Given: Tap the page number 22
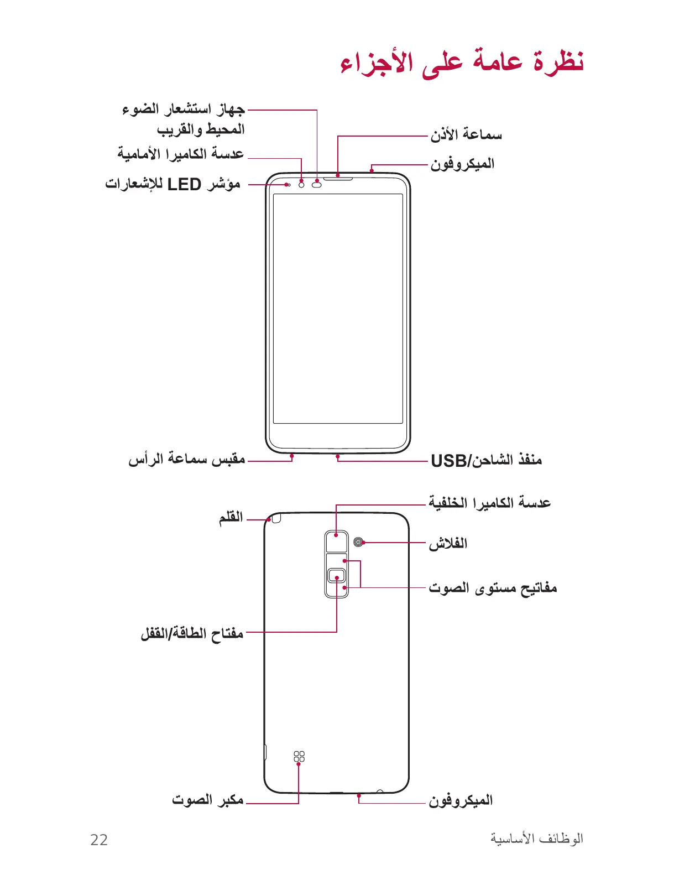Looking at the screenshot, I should (99, 840).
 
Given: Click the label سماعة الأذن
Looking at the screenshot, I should (466, 134).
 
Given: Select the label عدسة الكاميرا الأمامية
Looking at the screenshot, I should (180, 153).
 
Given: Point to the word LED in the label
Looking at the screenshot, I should (184, 184).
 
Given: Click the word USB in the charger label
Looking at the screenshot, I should (448, 461).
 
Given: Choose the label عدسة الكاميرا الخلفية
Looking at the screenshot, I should (489, 503).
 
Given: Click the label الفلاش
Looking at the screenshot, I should (448, 543).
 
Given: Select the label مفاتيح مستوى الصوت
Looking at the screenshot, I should (493, 587).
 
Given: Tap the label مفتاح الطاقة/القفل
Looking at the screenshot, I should (192, 633).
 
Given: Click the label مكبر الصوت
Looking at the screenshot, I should (207, 800).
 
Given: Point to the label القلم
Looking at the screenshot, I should (231, 517).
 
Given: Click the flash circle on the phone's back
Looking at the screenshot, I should (359, 542).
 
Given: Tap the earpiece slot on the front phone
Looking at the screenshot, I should (338, 178).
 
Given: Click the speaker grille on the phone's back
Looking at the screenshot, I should (299, 756).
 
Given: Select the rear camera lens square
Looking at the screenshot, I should (336, 541).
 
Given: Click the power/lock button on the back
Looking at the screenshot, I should (336, 576).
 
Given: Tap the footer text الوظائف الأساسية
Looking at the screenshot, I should (536, 839).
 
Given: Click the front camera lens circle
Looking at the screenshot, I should (302, 184).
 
